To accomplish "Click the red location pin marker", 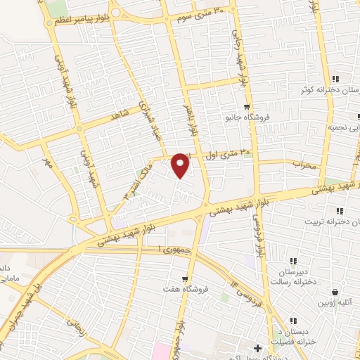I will point(181,166).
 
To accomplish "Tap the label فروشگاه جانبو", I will point(243,117).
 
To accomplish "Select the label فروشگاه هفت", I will point(186,289).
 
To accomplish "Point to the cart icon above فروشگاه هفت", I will point(186,278).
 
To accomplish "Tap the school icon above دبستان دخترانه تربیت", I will point(339,211).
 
